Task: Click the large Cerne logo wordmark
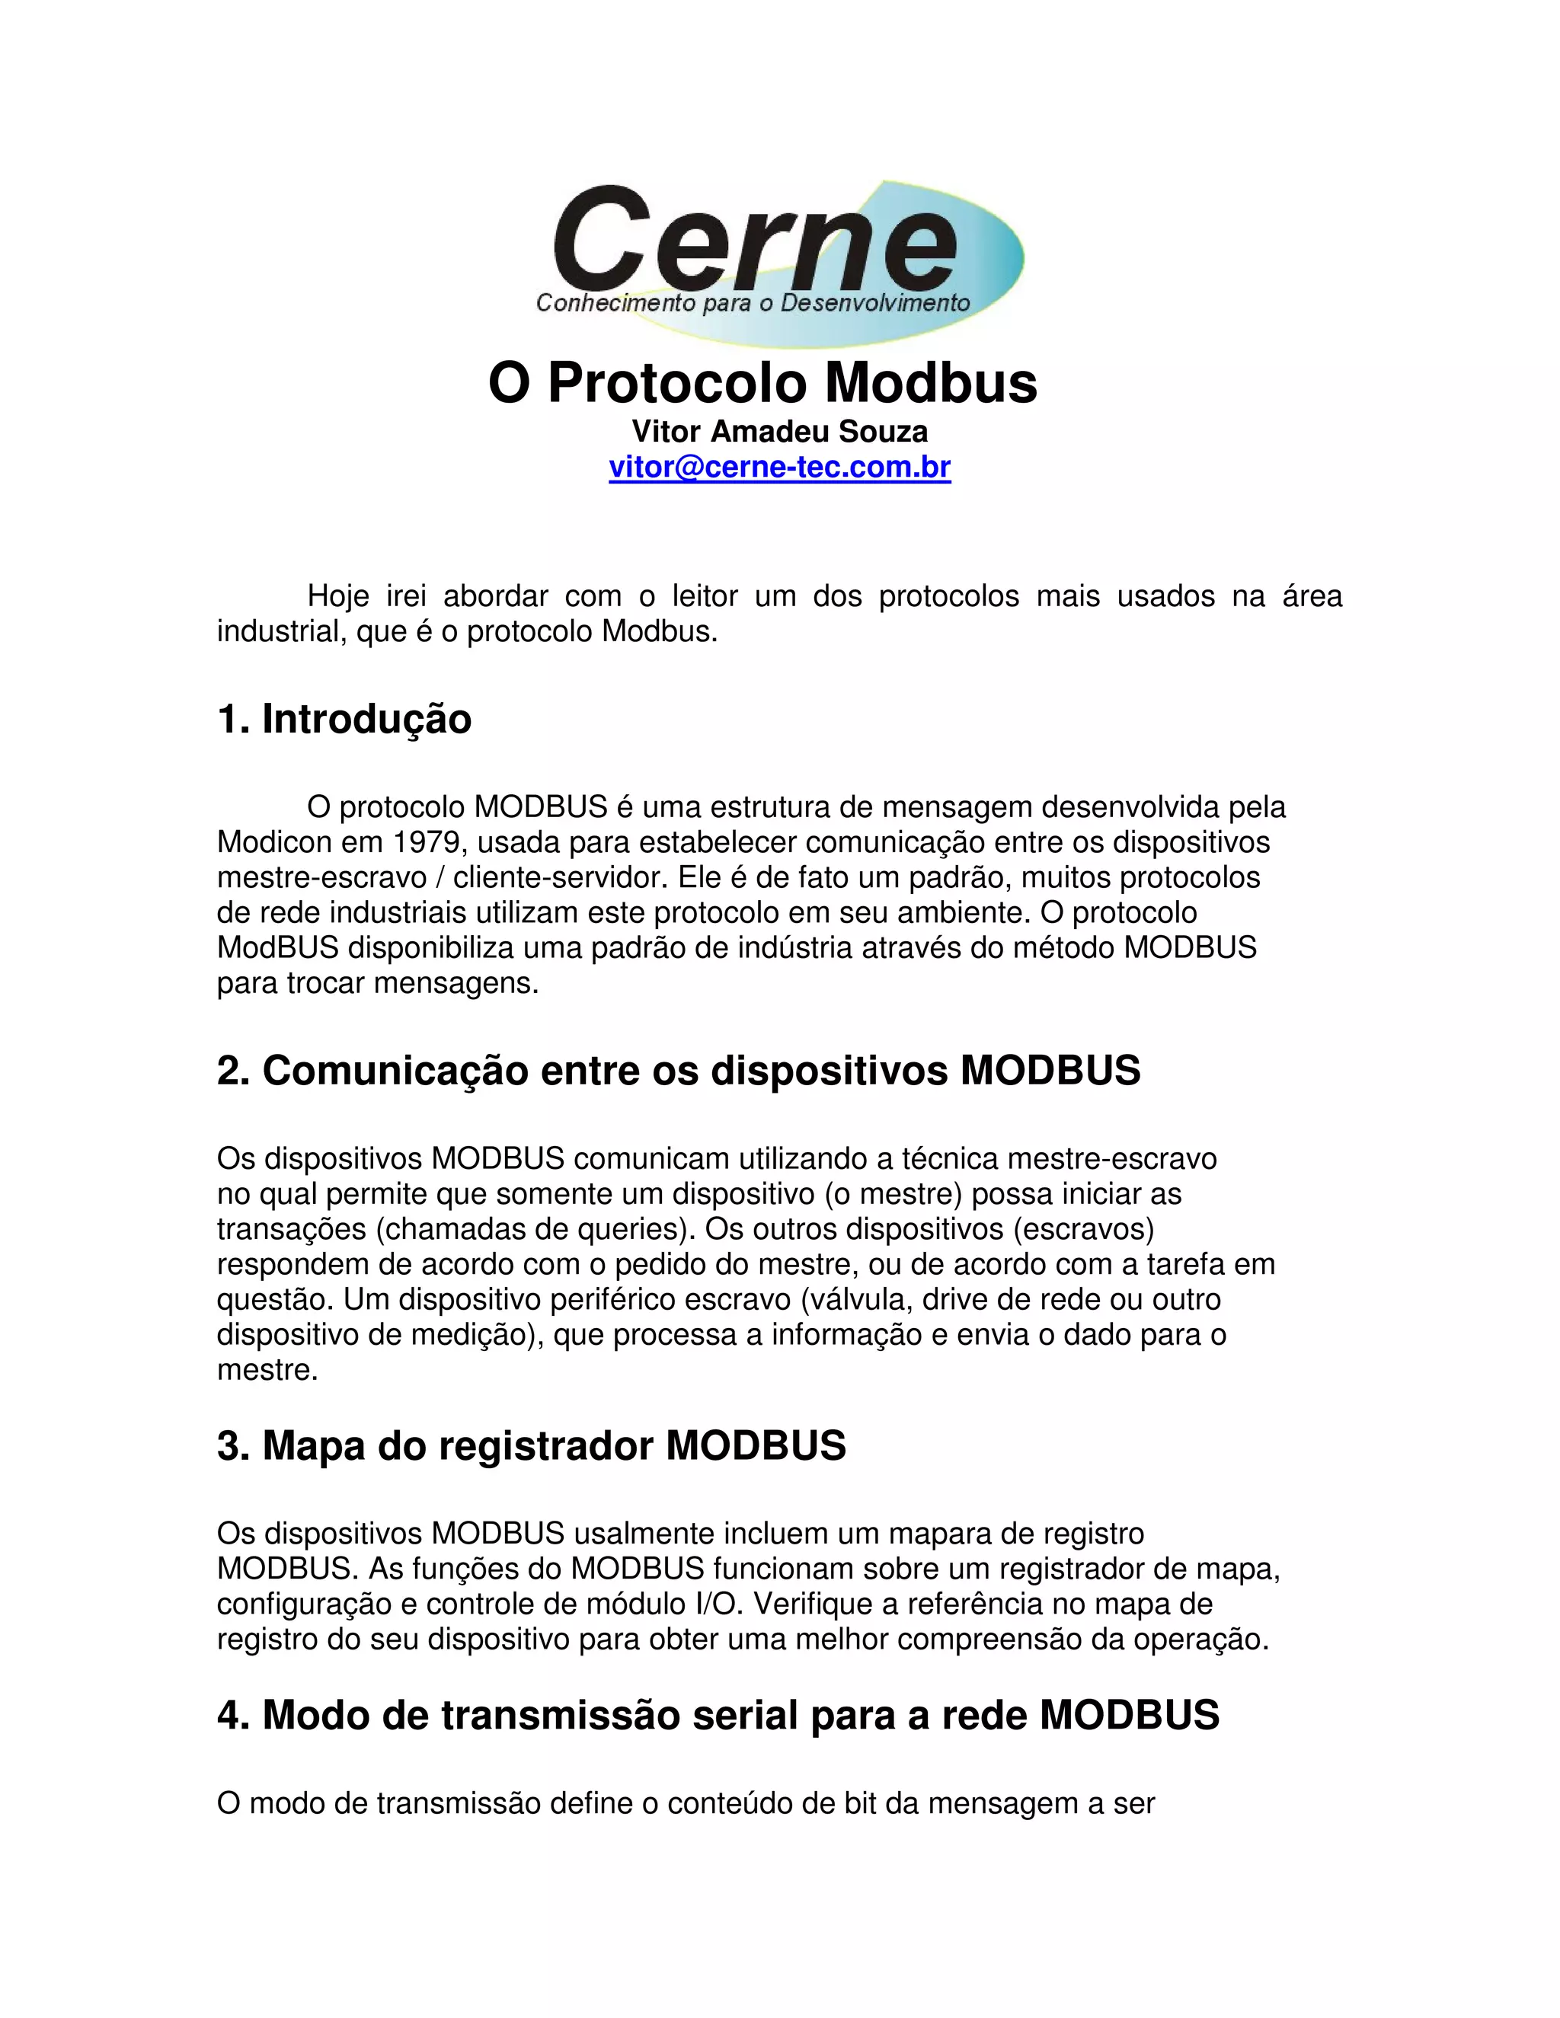coord(753,238)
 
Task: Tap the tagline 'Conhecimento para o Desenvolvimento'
coord(753,303)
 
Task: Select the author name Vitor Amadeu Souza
coord(779,432)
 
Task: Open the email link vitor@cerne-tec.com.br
coord(779,468)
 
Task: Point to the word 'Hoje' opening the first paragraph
coord(338,596)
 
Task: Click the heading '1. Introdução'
coord(344,719)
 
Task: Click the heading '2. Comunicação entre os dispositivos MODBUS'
coord(679,1071)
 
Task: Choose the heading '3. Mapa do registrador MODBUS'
coord(532,1446)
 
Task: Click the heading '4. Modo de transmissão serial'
coord(717,1715)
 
